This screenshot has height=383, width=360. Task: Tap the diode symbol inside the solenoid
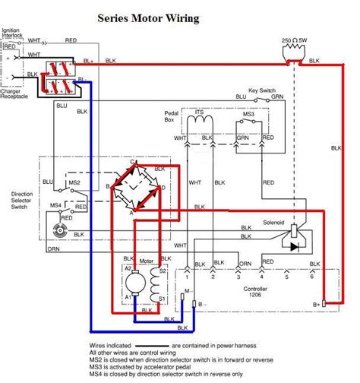295,245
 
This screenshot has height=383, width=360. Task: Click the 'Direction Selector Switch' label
22,200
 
